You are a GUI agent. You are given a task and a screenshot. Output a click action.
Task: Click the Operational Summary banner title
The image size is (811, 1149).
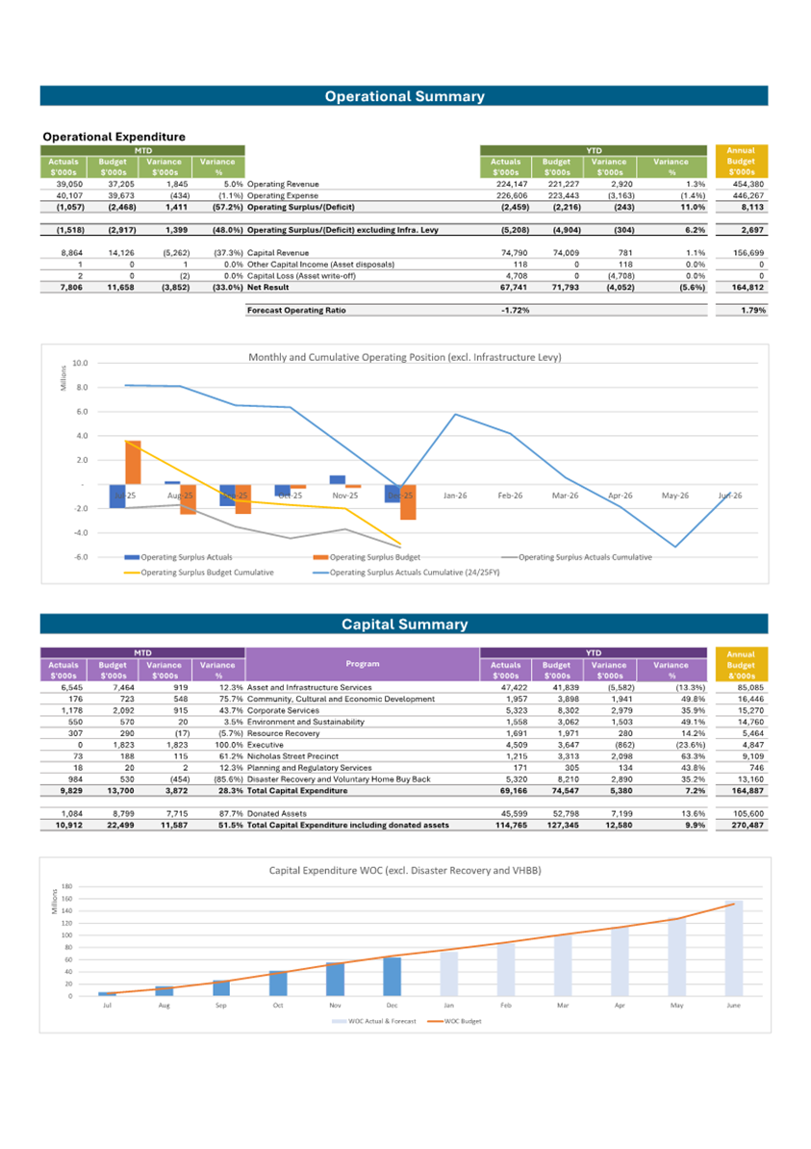pyautogui.click(x=404, y=96)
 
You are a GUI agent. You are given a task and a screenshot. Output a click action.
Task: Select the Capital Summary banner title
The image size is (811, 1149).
pyautogui.click(x=404, y=625)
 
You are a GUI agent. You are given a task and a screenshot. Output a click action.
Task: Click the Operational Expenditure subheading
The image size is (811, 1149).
pyautogui.click(x=114, y=137)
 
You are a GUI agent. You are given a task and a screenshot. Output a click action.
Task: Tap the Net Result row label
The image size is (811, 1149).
pyautogui.click(x=268, y=287)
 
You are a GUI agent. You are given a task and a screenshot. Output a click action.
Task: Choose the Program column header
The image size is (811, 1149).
pyautogui.click(x=363, y=663)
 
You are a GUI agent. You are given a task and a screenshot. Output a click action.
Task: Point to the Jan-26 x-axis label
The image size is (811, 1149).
pyautogui.click(x=455, y=496)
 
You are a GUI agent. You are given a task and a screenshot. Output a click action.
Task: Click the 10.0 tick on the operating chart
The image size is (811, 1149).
pyautogui.click(x=80, y=364)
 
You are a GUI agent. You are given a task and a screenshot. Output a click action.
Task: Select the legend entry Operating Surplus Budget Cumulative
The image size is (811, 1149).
pyautogui.click(x=208, y=573)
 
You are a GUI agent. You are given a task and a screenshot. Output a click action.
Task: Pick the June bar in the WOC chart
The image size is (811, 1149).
pyautogui.click(x=734, y=948)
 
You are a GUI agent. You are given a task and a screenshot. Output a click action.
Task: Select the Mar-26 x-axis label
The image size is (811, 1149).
pyautogui.click(x=565, y=496)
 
